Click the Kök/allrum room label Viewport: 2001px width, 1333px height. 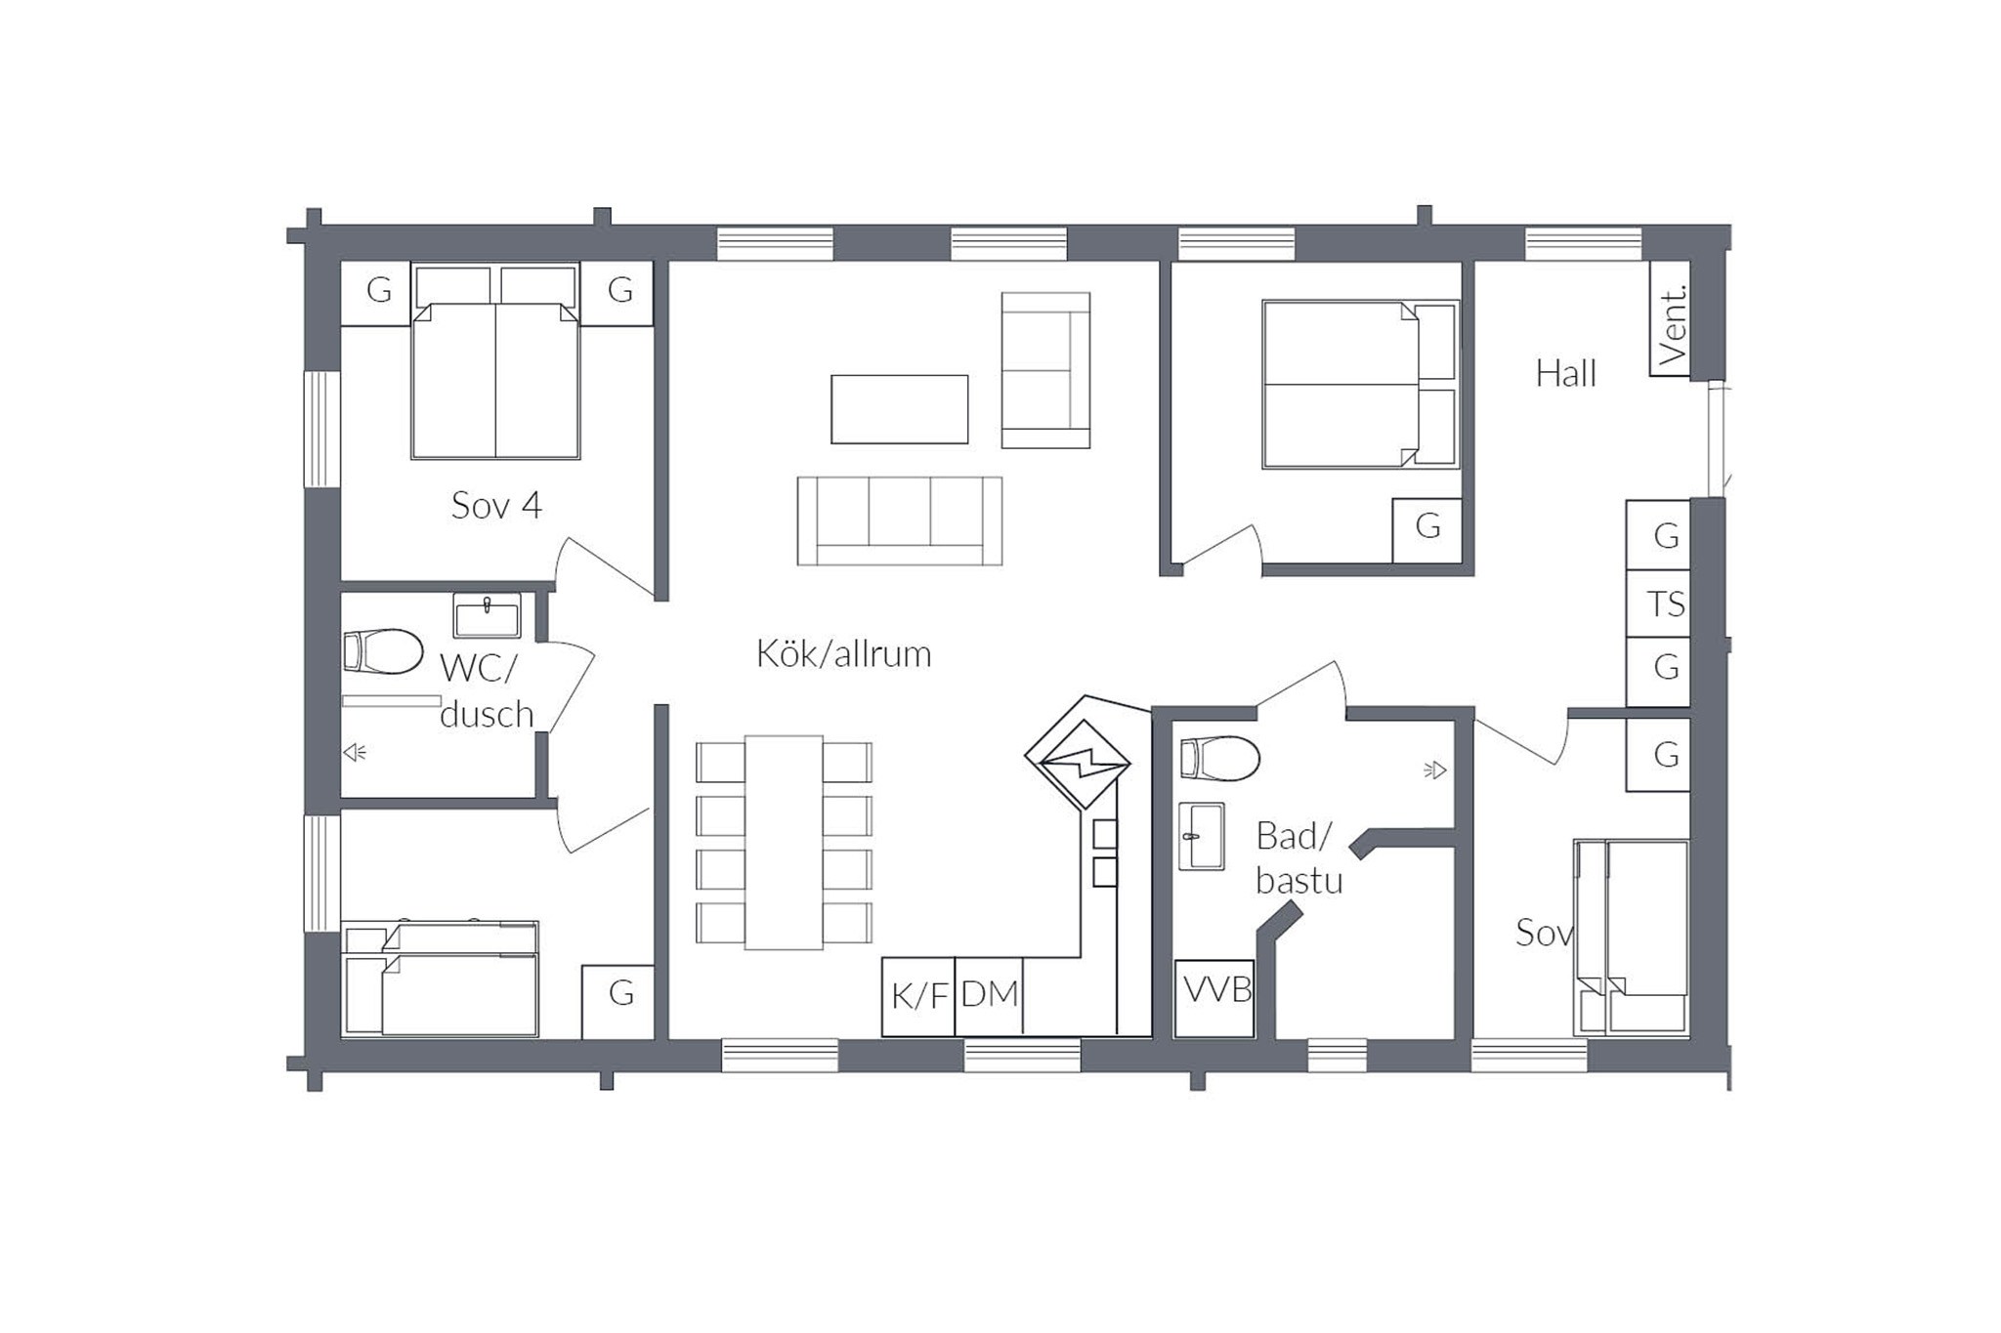[843, 653]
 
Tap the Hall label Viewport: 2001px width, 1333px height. [1565, 373]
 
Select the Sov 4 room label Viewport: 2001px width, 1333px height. [495, 505]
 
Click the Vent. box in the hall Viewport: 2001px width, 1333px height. [1670, 318]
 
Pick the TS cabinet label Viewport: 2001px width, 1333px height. [1666, 604]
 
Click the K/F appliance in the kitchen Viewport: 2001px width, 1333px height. [918, 996]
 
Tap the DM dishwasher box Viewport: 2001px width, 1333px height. [989, 996]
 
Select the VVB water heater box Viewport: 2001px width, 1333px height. [1214, 998]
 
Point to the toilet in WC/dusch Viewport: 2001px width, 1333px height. [382, 652]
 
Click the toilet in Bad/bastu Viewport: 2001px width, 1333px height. [1219, 759]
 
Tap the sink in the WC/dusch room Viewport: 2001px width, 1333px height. [487, 615]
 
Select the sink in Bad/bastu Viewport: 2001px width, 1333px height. [1201, 836]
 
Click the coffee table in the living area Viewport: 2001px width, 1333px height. [900, 409]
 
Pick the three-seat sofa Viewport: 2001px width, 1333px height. [900, 521]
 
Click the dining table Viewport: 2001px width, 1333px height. [784, 843]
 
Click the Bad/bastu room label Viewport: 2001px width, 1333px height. [1299, 858]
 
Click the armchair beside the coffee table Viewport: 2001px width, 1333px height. [1045, 370]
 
